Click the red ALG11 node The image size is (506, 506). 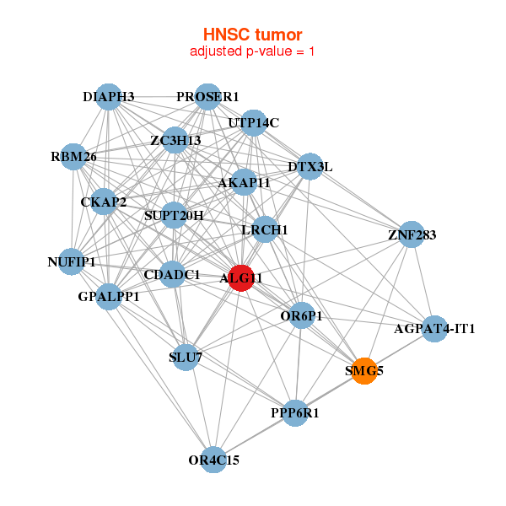point(241,278)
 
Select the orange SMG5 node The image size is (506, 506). point(364,371)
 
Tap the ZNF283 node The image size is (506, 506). point(412,234)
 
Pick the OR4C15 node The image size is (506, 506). point(214,460)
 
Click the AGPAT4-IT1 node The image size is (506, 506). point(434,328)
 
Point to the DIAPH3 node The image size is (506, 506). point(108,96)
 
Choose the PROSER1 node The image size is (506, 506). point(207,96)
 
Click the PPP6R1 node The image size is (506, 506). point(294,413)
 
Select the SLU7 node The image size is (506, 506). point(186,358)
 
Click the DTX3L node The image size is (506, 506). point(310,167)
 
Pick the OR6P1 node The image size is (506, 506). point(301,316)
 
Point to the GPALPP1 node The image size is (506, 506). point(109,297)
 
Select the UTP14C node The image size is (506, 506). point(253,123)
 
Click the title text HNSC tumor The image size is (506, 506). point(252,35)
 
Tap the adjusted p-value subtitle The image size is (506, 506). point(252,51)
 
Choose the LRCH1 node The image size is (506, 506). point(265,229)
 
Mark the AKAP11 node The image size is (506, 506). point(244,182)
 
